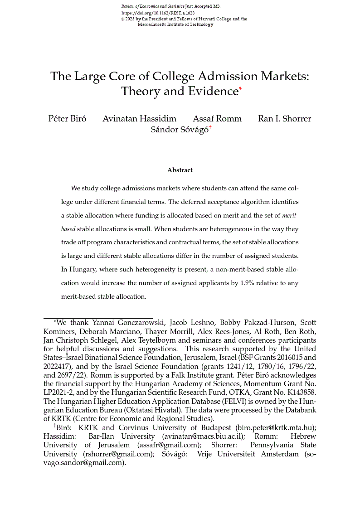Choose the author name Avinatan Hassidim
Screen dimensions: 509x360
click(139, 119)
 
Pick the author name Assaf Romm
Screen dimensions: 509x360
click(217, 119)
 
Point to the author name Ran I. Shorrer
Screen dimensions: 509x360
click(284, 119)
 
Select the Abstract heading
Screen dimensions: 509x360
click(180, 170)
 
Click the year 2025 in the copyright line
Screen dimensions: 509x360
click(129, 19)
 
